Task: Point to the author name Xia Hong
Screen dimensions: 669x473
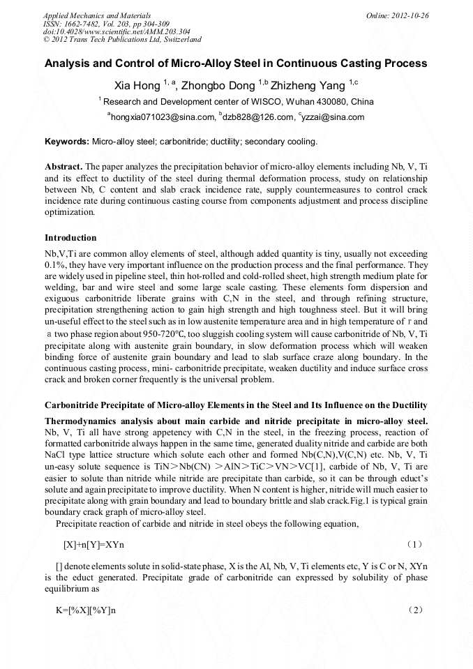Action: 137,86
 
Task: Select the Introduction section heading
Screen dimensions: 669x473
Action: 70,238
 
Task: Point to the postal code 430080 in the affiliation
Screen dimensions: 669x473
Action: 329,102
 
